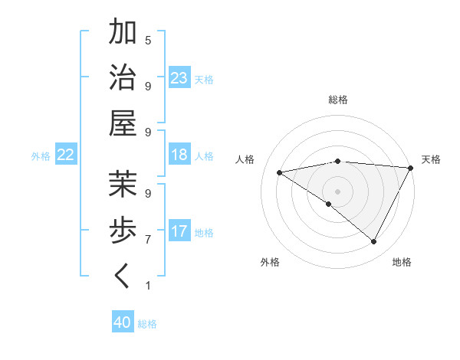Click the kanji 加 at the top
click(x=123, y=34)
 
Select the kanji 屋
click(x=123, y=123)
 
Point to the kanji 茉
click(x=123, y=184)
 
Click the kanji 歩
click(x=123, y=229)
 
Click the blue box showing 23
click(x=179, y=78)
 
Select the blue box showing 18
click(x=179, y=155)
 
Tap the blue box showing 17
click(x=179, y=231)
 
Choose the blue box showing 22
click(x=66, y=155)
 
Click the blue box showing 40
click(x=123, y=322)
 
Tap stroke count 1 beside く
click(x=148, y=286)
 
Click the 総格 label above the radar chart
click(x=338, y=100)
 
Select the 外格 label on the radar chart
click(x=270, y=262)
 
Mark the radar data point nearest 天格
click(x=411, y=168)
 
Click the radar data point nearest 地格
click(x=374, y=242)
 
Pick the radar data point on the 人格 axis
click(x=279, y=172)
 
